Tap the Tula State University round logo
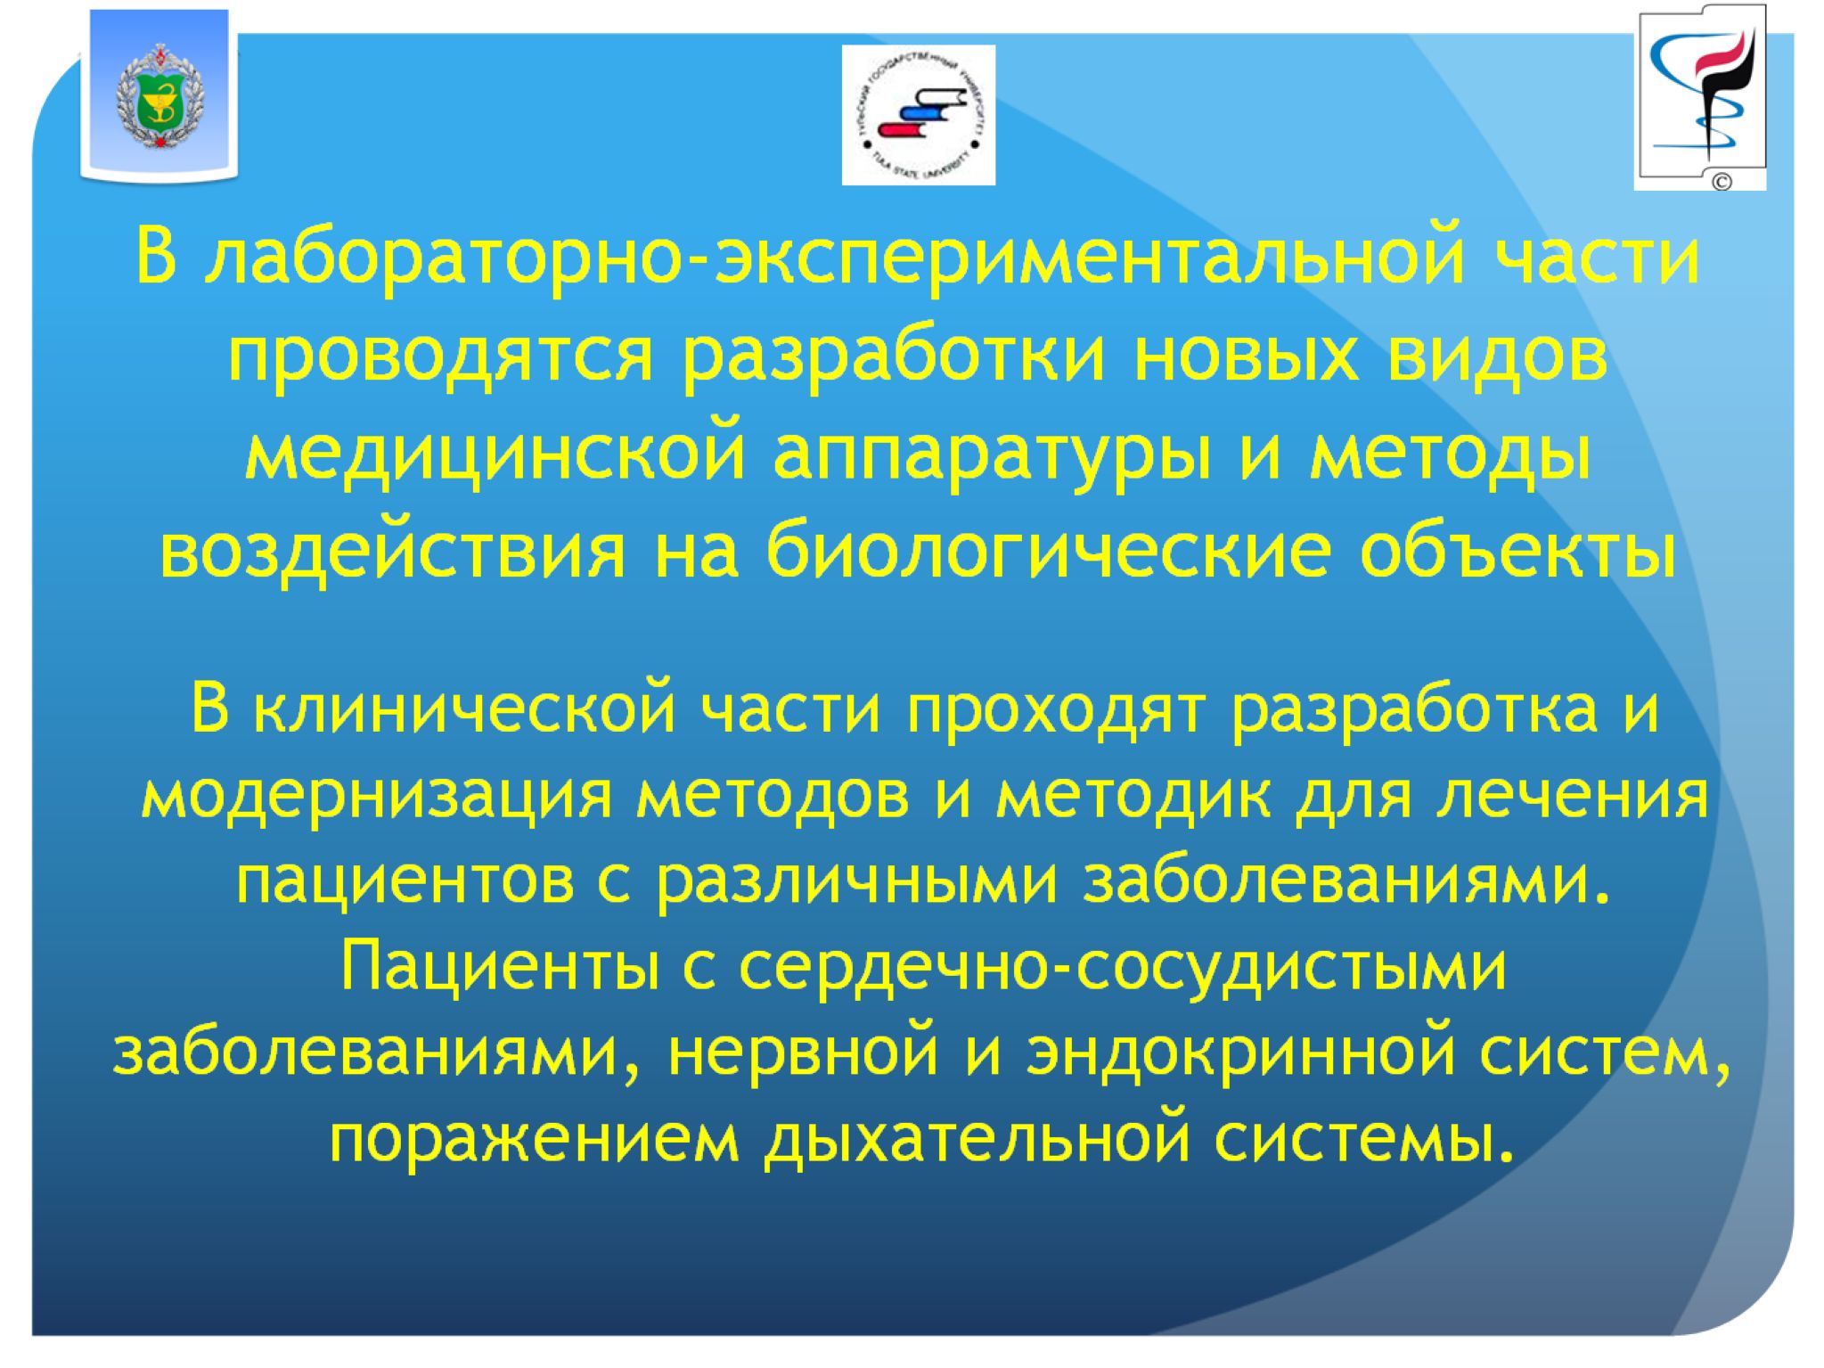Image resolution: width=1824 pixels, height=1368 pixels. click(x=918, y=115)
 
